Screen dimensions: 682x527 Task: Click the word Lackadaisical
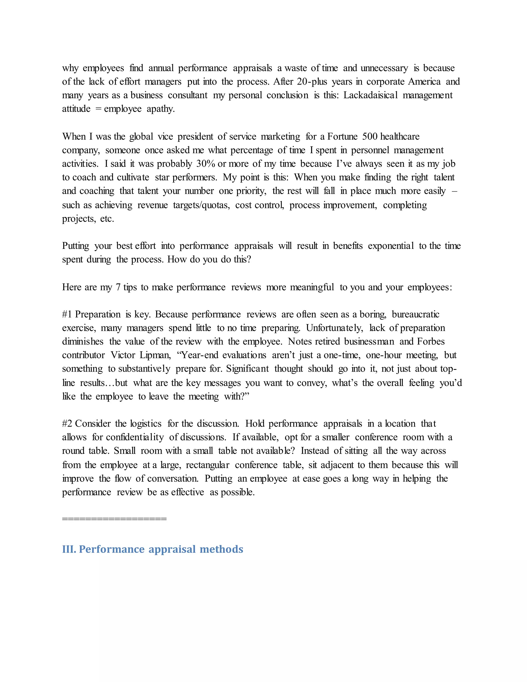coord(370,95)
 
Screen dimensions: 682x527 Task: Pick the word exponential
coord(391,246)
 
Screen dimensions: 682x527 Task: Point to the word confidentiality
coord(135,437)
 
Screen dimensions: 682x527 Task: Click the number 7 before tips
coord(118,287)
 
